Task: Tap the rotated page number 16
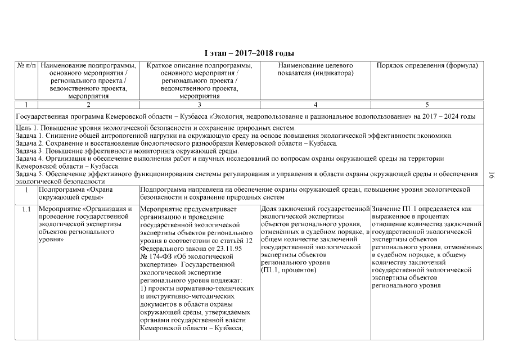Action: tap(491, 176)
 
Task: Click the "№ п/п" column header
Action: tap(26, 66)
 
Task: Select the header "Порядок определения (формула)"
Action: tap(427, 66)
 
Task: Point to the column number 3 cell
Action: tap(199, 105)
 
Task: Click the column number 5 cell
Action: tap(427, 105)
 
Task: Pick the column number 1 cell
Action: tap(26, 105)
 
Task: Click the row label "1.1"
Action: tap(26, 210)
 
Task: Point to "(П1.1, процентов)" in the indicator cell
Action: tap(289, 271)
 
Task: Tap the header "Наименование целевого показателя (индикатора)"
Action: tap(315, 70)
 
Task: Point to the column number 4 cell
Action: tap(315, 105)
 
